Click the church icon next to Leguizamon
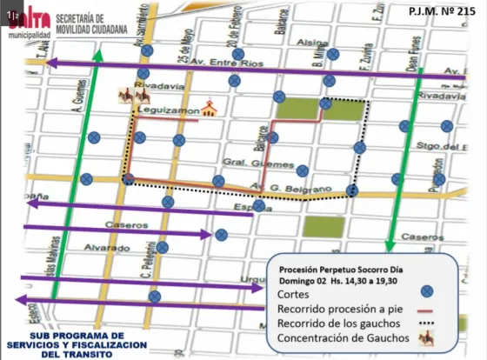click(207, 109)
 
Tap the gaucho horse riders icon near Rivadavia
click(127, 95)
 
